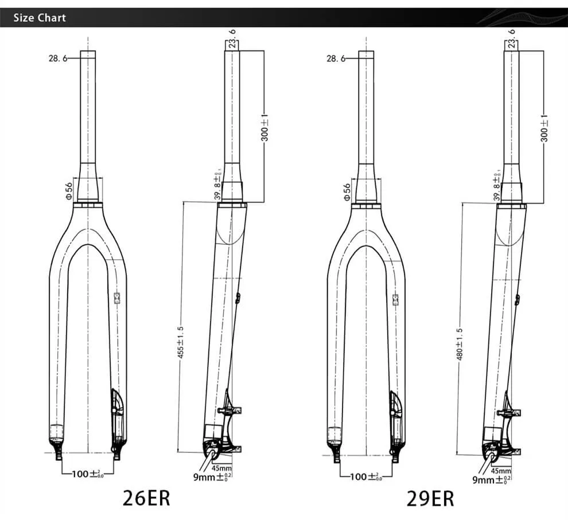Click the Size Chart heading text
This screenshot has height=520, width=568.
pyautogui.click(x=40, y=18)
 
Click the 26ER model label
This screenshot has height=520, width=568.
pyautogui.click(x=146, y=498)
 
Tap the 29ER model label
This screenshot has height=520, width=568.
pyautogui.click(x=430, y=498)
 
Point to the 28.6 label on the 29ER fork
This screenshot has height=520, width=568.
pyautogui.click(x=335, y=58)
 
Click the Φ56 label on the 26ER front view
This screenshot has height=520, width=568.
pyautogui.click(x=68, y=190)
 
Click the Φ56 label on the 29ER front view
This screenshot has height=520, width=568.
pyautogui.click(x=347, y=190)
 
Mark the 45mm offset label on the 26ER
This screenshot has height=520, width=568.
pyautogui.click(x=222, y=468)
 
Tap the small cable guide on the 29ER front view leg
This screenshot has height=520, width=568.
pyautogui.click(x=395, y=299)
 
